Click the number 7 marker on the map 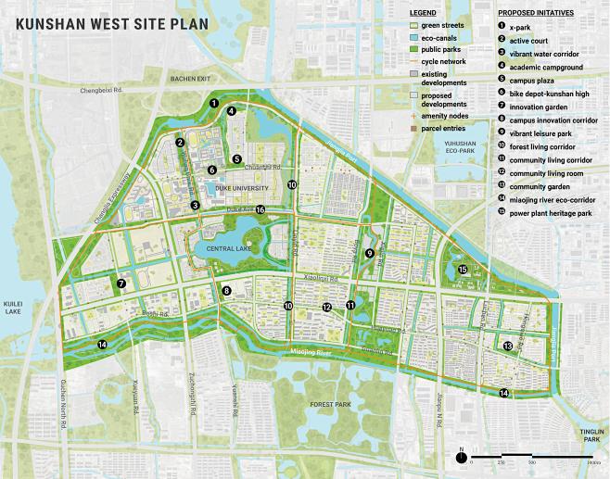121,284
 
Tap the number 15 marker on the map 462,270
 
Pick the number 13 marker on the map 507,346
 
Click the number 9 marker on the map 369,252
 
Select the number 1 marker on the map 213,104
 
